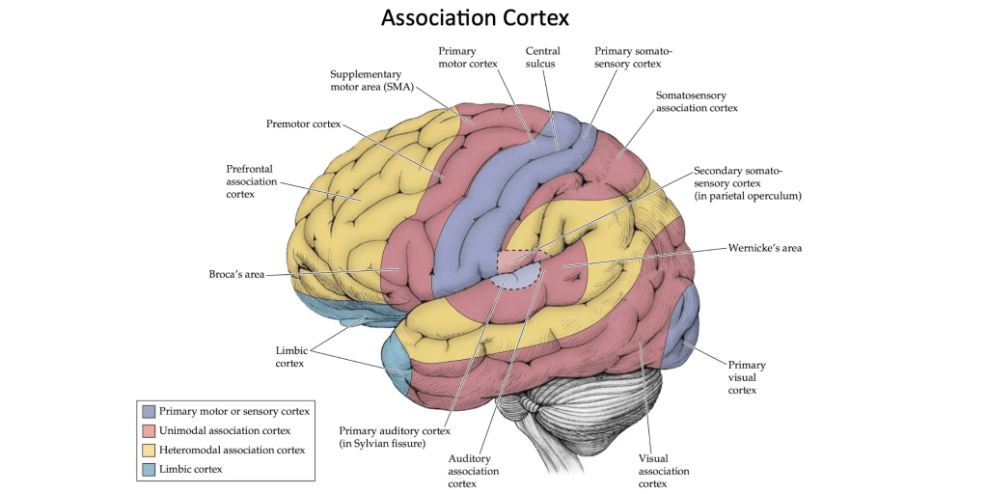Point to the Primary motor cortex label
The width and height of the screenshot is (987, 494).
pos(467,57)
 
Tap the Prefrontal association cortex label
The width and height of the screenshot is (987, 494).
pos(252,181)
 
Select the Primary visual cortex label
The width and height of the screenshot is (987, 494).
pos(747,377)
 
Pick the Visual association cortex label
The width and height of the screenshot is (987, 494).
pos(664,471)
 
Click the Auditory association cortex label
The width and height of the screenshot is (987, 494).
pos(474,471)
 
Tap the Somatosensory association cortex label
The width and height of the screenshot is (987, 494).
pos(697,101)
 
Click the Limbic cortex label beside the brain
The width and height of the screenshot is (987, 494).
pos(289,356)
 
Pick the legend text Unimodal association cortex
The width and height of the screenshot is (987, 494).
pos(224,430)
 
